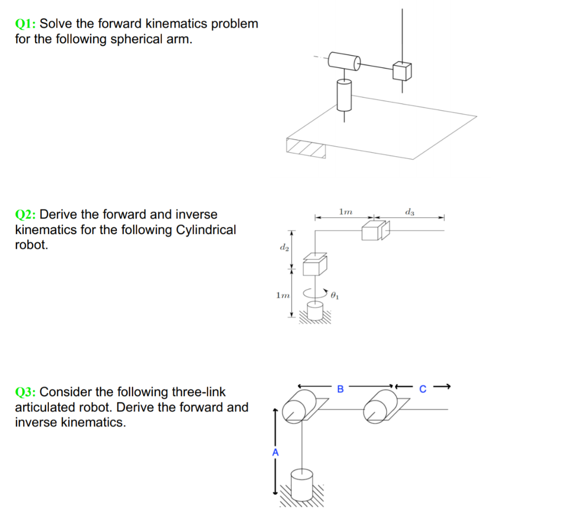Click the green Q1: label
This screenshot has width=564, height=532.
pos(26,24)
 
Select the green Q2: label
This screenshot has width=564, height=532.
pos(26,214)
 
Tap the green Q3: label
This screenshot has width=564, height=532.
pos(26,392)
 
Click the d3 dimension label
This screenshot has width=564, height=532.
pos(409,212)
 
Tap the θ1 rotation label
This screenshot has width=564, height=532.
pos(335,296)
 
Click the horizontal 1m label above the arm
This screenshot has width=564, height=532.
pos(346,212)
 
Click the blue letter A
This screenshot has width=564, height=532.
pos(276,452)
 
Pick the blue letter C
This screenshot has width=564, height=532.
pos(422,389)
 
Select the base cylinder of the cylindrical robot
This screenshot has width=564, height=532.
pos(315,311)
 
